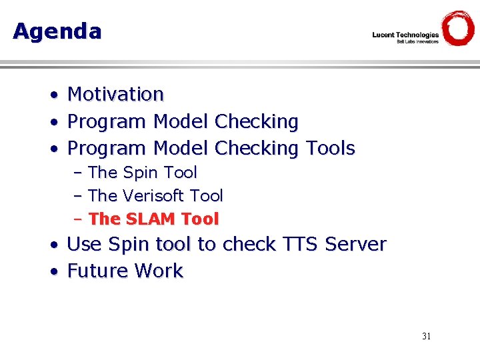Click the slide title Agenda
(57, 31)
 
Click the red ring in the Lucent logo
(458, 28)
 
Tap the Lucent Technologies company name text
(405, 35)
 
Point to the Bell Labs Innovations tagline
(418, 42)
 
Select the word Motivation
(115, 95)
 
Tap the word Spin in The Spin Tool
(141, 173)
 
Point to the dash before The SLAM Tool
(78, 219)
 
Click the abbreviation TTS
(298, 245)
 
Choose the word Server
(355, 245)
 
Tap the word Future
(98, 271)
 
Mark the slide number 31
(427, 336)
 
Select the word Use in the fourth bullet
(84, 245)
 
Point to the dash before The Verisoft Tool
(78, 197)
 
